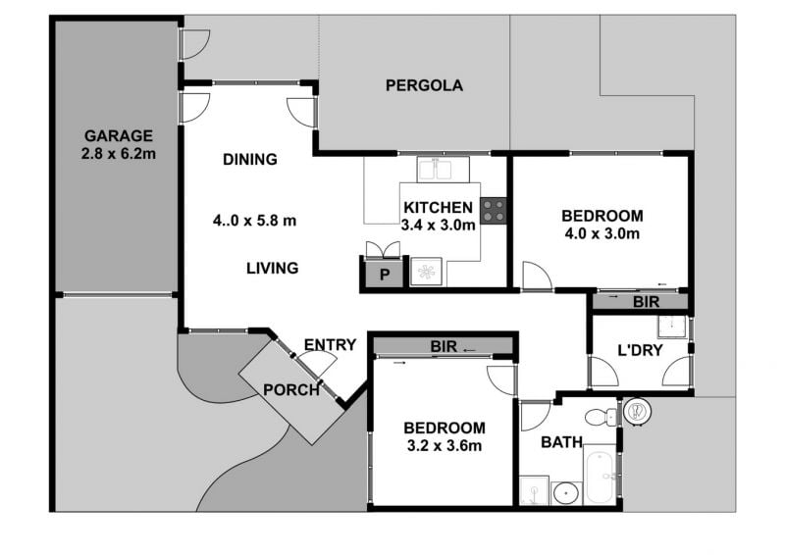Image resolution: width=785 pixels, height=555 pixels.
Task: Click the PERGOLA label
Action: point(424,85)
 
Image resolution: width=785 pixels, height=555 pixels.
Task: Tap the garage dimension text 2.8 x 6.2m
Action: point(119,154)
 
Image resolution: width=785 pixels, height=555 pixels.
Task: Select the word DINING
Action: point(250,159)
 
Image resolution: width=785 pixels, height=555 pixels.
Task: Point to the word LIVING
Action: point(273,269)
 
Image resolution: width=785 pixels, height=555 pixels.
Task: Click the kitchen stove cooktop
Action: point(494,211)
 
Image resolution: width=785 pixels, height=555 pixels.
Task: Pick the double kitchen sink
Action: point(444,170)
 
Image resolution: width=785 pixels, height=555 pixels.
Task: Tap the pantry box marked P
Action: point(384,274)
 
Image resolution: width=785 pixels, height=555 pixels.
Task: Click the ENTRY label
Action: point(330,345)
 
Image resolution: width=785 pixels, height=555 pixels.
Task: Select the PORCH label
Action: point(291,390)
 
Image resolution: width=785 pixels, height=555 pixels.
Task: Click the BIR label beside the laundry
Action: point(647,302)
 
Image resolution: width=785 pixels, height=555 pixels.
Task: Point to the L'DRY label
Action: point(641,350)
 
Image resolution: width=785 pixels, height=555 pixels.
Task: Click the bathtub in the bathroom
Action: point(600,474)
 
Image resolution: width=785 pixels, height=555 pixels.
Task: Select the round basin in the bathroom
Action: point(567,493)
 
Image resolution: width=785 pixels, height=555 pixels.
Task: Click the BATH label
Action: point(561,442)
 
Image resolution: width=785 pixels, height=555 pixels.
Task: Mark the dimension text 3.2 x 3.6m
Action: point(445,445)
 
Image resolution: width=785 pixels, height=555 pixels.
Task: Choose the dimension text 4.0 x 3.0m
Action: point(602,233)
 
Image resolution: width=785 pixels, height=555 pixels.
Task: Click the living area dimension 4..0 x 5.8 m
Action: point(254,221)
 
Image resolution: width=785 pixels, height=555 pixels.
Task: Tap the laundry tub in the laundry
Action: point(672,327)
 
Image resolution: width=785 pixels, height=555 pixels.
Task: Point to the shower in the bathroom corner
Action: point(534,490)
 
